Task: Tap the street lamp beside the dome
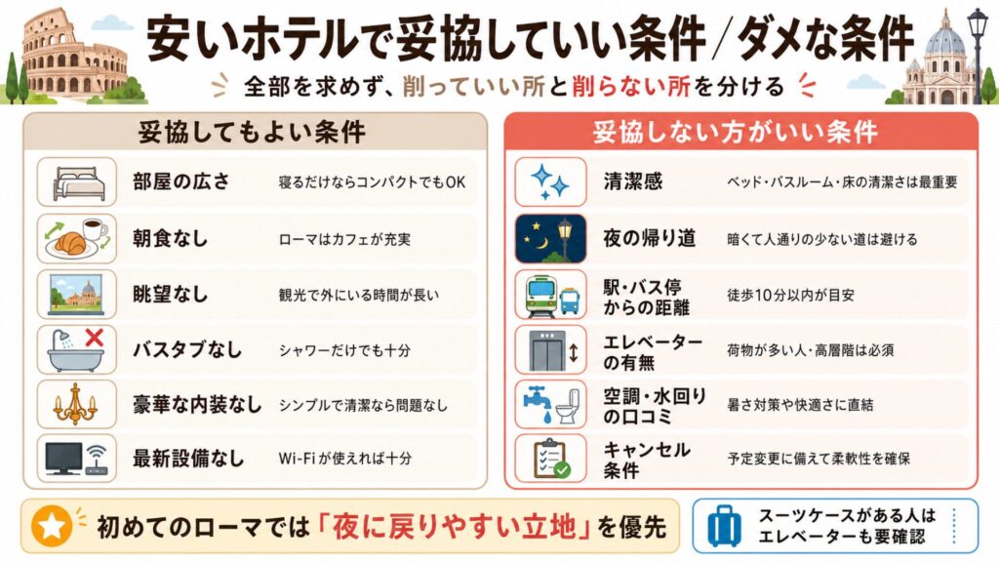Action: (978, 54)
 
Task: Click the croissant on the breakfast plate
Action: (70, 242)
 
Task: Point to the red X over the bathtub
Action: (95, 337)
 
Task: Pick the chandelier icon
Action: (75, 404)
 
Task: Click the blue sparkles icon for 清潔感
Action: (550, 181)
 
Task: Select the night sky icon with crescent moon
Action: (550, 239)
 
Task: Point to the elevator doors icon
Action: (546, 351)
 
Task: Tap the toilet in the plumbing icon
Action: (569, 406)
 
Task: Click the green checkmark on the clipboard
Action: (562, 470)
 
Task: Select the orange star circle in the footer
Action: (52, 526)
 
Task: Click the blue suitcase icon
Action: (725, 526)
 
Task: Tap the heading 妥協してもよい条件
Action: (253, 133)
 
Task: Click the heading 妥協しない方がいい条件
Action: (736, 133)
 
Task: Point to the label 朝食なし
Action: (170, 239)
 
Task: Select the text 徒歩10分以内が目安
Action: (790, 295)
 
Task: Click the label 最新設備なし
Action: (188, 459)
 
